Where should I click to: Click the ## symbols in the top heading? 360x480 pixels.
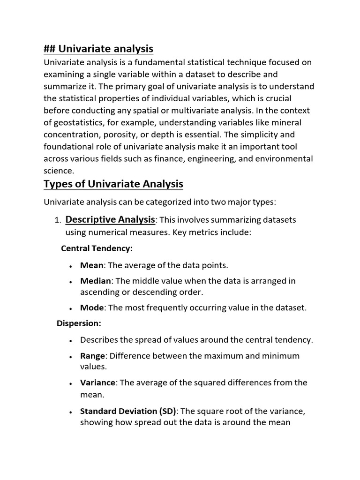pyautogui.click(x=50, y=49)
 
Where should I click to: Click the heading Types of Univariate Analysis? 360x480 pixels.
pyautogui.click(x=113, y=184)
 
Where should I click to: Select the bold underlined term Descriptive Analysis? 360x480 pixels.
pyautogui.click(x=110, y=219)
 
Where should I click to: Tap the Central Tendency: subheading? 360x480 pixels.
pyautogui.click(x=97, y=248)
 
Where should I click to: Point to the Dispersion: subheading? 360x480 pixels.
pyautogui.click(x=79, y=323)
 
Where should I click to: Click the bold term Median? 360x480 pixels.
pyautogui.click(x=96, y=281)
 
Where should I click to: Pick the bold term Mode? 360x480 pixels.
pyautogui.click(x=91, y=308)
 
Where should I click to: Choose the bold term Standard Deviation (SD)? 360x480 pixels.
pyautogui.click(x=128, y=412)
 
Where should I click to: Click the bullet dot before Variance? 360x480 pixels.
pyautogui.click(x=70, y=383)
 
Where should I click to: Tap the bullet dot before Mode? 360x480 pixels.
pyautogui.click(x=70, y=309)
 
